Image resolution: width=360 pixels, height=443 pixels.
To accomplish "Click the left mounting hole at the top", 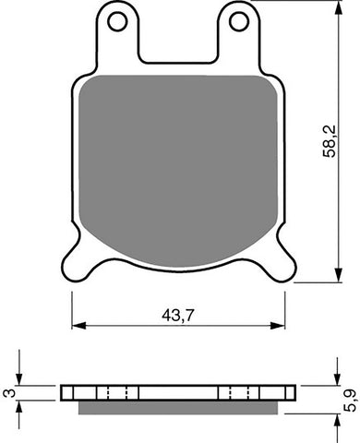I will tap(117, 19).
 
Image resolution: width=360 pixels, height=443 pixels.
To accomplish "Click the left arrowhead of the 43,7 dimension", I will tap(77, 325).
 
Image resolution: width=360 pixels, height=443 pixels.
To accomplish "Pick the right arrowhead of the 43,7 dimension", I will tap(281, 325).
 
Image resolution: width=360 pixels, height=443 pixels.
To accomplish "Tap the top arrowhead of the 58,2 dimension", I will tap(330, 7).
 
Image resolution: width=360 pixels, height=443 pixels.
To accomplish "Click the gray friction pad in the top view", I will tap(178, 166).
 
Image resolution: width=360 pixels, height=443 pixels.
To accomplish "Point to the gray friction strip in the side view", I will tap(178, 407).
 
